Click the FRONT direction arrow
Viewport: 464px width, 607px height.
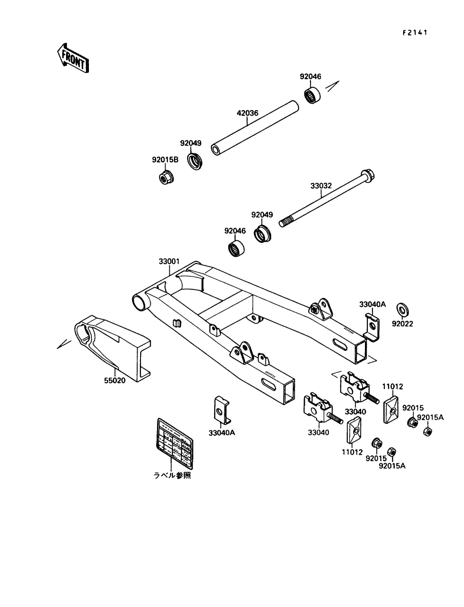(x=72, y=58)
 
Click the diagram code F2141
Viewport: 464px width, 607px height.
(x=414, y=33)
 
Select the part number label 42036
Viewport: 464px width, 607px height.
(x=247, y=113)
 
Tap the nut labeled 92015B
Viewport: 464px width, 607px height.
(x=164, y=178)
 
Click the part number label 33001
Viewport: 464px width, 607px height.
(x=169, y=262)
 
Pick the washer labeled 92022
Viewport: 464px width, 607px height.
(x=401, y=309)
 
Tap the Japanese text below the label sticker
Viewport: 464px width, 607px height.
(x=172, y=475)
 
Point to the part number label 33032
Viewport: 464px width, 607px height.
(x=321, y=186)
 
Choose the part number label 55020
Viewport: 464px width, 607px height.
(x=114, y=380)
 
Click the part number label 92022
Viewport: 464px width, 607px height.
(x=402, y=324)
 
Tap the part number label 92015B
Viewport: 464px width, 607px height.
(x=165, y=160)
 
